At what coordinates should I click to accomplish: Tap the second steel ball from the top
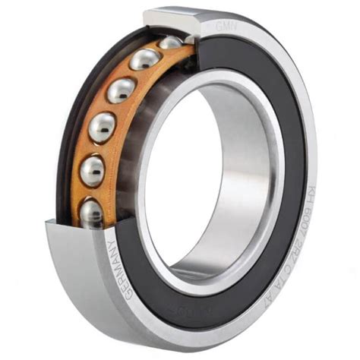coord(144,59)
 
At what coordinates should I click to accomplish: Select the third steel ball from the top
coord(121,90)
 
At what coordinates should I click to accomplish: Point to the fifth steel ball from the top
coord(93,169)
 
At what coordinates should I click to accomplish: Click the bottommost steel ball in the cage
coord(92,212)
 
